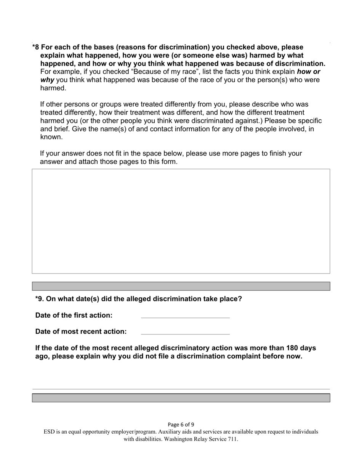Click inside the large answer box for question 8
(181, 221)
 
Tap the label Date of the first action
(74, 315)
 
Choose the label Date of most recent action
(81, 331)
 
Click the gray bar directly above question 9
(181, 286)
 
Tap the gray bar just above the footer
(181, 398)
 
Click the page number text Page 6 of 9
(181, 424)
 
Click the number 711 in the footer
(232, 439)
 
